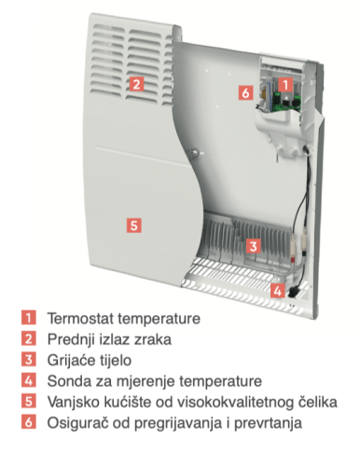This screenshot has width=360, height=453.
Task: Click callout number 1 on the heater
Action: [x=285, y=84]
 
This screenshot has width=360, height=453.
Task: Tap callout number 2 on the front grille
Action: [x=136, y=84]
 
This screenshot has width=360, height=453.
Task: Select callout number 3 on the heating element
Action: [x=254, y=246]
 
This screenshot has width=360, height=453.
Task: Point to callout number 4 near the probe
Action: [x=277, y=291]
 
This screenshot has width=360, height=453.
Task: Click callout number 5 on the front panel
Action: [x=134, y=225]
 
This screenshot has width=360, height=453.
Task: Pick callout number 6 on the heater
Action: [x=246, y=92]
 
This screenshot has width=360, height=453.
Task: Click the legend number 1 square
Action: [x=29, y=318]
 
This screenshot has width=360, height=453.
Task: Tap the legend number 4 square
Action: [x=29, y=380]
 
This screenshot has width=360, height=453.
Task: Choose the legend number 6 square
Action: [x=29, y=422]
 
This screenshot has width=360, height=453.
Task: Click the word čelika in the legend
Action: [x=318, y=402]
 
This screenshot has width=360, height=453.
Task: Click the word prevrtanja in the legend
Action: [x=268, y=423]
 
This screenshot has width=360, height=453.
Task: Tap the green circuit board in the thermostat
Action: [x=285, y=102]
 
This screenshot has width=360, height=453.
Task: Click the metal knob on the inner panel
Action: [x=195, y=153]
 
